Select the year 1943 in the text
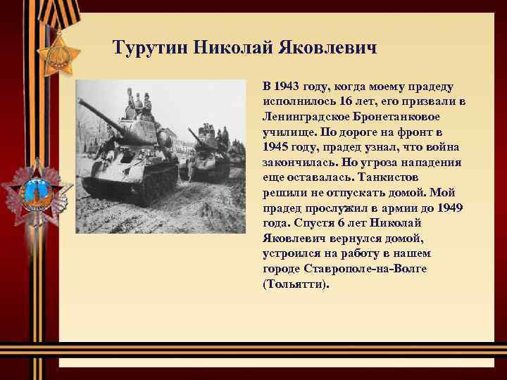287,87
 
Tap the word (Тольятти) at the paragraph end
295,284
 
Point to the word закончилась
296,163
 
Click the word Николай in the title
235,49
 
